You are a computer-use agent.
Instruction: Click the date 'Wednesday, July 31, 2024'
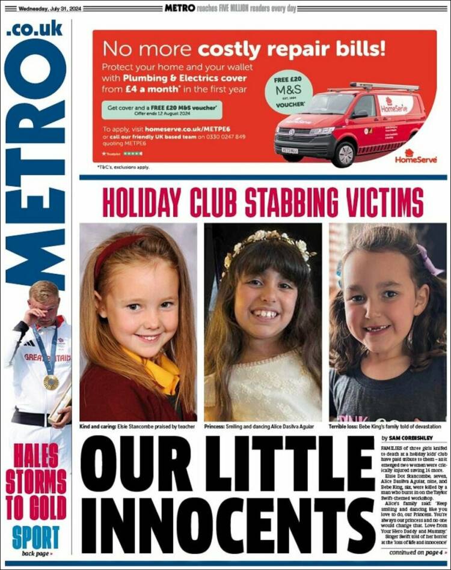click(x=51, y=8)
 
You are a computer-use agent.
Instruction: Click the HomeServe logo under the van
click(x=412, y=157)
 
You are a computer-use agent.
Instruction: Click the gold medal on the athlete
click(x=52, y=382)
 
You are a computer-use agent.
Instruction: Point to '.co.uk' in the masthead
click(x=35, y=29)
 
